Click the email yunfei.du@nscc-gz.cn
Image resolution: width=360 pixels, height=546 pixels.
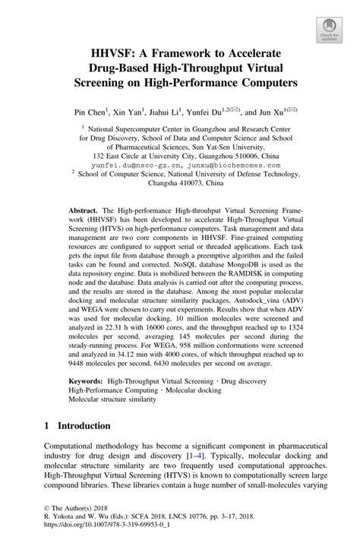click(128, 164)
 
